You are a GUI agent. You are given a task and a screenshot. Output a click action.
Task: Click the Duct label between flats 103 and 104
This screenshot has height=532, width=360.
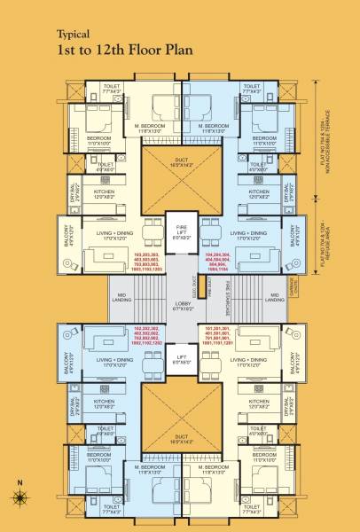click(180, 163)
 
